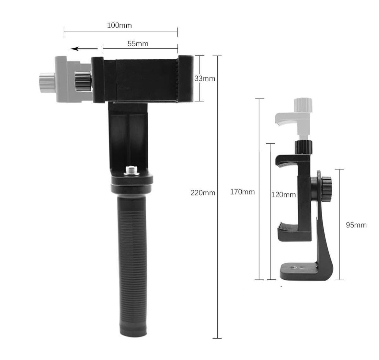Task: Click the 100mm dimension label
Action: click(120, 25)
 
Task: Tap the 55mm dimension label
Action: click(138, 44)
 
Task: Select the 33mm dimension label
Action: click(205, 78)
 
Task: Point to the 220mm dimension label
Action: click(203, 193)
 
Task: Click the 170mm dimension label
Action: click(242, 192)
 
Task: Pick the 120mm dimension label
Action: click(283, 195)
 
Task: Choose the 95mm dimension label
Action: click(356, 225)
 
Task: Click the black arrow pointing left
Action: click(84, 49)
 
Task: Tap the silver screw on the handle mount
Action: click(131, 170)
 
